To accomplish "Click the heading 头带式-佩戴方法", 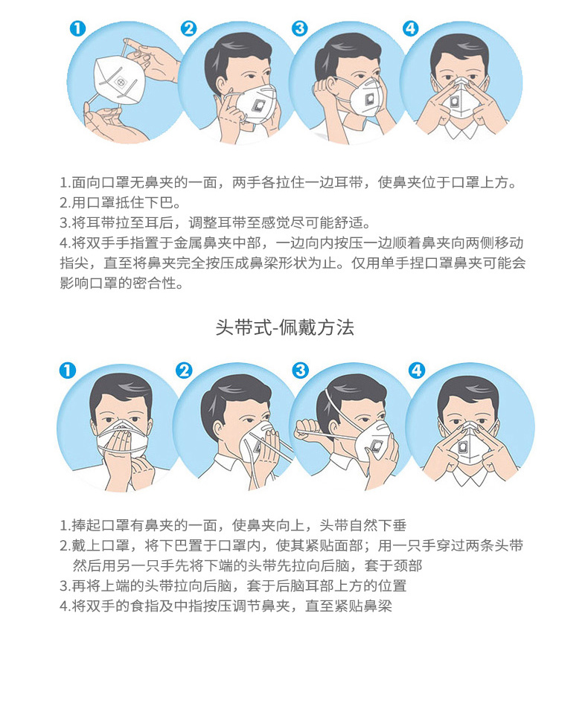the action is click(284, 327).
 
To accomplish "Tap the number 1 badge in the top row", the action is click(77, 28).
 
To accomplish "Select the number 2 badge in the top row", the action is click(188, 28).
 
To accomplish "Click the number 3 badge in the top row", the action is click(299, 28).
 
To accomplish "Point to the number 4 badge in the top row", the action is click(410, 28).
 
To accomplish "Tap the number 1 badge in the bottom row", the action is click(68, 370).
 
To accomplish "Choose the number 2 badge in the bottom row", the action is click(184, 370).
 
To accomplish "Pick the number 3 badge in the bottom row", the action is click(301, 370).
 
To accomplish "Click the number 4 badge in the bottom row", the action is click(417, 370).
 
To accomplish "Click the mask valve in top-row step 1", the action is click(121, 81).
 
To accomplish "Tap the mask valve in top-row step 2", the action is click(259, 106).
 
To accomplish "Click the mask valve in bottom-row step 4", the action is click(463, 448).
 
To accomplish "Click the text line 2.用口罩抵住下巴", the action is click(121, 202).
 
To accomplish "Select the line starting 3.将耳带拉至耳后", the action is click(215, 222).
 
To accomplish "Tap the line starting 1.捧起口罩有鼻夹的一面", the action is click(233, 525).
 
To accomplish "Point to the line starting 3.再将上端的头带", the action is click(233, 586).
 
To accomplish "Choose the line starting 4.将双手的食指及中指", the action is click(226, 606).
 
